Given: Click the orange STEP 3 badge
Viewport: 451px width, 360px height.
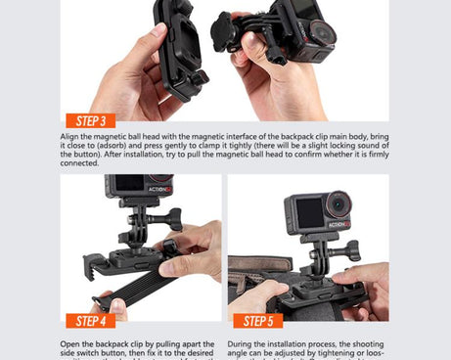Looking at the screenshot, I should click(x=91, y=121).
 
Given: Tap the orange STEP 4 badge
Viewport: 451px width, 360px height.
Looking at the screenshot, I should click(x=91, y=320).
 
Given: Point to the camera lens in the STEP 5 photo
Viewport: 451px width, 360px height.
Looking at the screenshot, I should click(x=338, y=205).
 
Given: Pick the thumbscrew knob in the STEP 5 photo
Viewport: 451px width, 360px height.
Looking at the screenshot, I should click(x=350, y=250).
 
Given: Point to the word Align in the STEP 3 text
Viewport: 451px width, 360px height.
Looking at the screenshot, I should click(x=69, y=136).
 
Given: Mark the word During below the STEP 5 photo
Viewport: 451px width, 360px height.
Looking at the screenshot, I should click(x=241, y=344).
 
